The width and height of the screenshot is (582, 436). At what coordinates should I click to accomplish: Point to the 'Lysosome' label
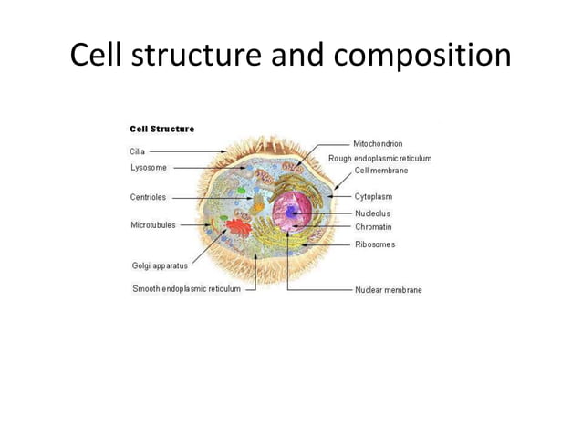tap(149, 168)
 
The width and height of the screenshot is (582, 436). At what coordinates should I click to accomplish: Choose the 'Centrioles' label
tap(149, 197)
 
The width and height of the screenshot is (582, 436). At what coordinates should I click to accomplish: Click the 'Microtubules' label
tap(153, 224)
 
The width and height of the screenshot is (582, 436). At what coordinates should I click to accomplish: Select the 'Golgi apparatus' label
tap(161, 266)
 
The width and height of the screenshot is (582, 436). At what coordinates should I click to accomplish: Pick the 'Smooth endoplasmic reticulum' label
tap(187, 289)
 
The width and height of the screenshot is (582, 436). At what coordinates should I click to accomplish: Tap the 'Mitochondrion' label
tap(379, 144)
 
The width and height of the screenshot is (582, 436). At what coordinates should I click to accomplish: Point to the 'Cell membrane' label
tap(381, 171)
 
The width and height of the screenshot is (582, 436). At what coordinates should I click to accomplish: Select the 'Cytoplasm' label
tap(374, 196)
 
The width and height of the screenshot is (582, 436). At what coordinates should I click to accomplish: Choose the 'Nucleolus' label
tap(373, 213)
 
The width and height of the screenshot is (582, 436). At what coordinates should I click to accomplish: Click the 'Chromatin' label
tap(374, 226)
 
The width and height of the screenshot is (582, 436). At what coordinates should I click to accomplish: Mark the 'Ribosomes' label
tap(375, 244)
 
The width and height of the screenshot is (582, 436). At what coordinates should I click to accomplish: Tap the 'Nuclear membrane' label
tap(389, 290)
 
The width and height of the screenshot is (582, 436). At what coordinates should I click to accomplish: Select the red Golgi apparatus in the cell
tap(240, 228)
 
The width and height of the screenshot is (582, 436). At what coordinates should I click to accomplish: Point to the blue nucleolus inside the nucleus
tap(292, 213)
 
